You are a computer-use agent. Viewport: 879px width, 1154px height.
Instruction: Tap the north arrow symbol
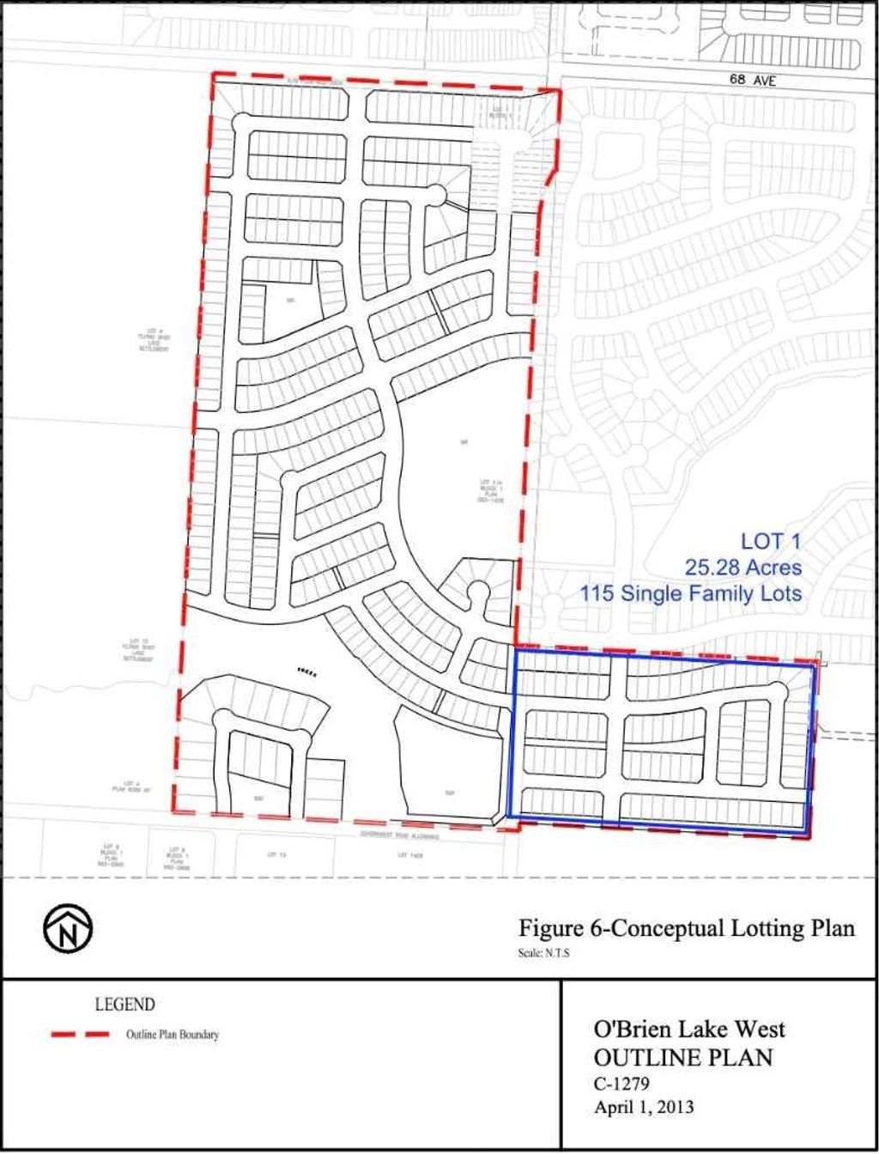(69, 929)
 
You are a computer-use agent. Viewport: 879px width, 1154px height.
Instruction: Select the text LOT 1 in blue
(771, 542)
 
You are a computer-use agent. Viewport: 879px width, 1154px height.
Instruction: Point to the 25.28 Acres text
(743, 568)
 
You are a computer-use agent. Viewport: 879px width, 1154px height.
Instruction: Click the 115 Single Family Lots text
(691, 593)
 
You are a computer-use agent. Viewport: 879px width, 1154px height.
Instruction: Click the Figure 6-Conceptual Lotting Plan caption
(687, 929)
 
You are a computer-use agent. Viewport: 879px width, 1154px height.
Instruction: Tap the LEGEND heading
(124, 1005)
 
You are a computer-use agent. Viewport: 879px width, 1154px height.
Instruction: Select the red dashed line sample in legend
(81, 1035)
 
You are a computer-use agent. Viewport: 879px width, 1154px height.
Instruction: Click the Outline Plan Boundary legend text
(173, 1035)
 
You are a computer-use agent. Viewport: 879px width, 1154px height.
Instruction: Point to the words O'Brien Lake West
(689, 1029)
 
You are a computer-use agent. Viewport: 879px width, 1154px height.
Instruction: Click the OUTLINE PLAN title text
(683, 1057)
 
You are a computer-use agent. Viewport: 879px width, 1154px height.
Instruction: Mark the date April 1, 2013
(644, 1107)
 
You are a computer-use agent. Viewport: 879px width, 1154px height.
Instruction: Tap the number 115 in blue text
(597, 593)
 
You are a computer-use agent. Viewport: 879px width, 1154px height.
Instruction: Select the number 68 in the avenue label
(737, 79)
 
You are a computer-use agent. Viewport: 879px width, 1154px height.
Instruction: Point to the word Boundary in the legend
(199, 1035)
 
